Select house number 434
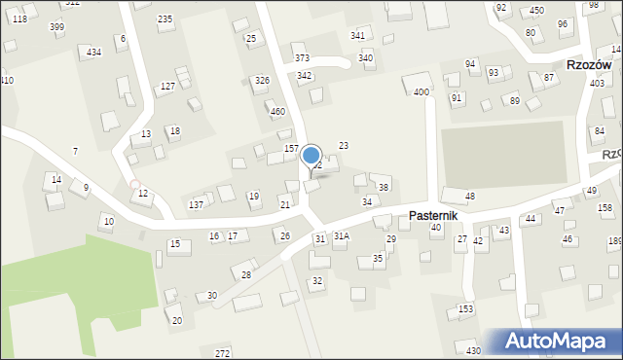click(x=93, y=52)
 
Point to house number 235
click(x=165, y=19)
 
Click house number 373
click(x=302, y=58)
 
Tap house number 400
click(x=421, y=92)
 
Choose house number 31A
click(x=342, y=236)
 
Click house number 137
click(x=196, y=204)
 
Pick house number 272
click(x=222, y=352)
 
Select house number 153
click(x=466, y=308)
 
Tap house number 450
click(x=536, y=11)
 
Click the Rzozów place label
click(x=589, y=64)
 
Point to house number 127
click(x=167, y=87)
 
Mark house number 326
click(x=261, y=80)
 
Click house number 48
click(x=470, y=197)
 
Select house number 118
click(x=19, y=19)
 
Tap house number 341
click(x=358, y=36)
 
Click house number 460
click(x=277, y=112)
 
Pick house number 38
click(x=384, y=187)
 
